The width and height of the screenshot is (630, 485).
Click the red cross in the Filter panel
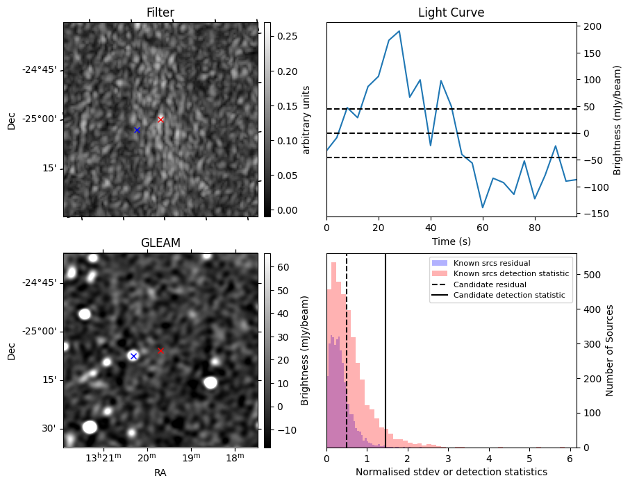tap(160, 119)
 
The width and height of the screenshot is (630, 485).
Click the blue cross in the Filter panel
tap(137, 130)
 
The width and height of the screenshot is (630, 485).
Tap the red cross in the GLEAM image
tap(160, 350)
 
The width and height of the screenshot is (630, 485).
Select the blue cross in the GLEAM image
tap(133, 356)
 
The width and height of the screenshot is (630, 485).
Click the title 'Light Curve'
tap(451, 13)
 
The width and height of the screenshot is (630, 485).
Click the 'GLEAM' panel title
tap(160, 243)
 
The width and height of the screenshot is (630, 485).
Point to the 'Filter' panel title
tap(160, 13)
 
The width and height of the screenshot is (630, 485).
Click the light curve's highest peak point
tap(399, 31)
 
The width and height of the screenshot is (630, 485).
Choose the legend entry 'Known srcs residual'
tap(491, 263)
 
